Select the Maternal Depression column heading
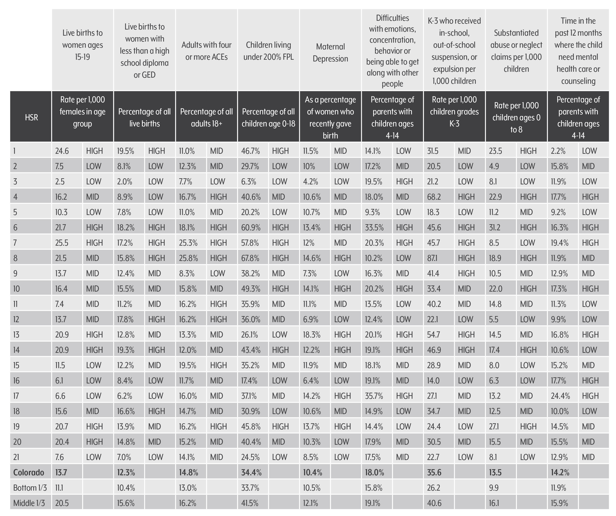pyautogui.click(x=330, y=53)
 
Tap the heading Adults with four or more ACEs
pyautogui.click(x=206, y=51)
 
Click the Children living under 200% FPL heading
pyautogui.click(x=268, y=51)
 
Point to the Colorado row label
pyautogui.click(x=29, y=472)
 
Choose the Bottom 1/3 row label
pyautogui.click(x=30, y=488)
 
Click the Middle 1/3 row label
pyautogui.click(x=29, y=503)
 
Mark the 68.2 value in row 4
pyautogui.click(x=434, y=197)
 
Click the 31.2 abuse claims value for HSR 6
pyautogui.click(x=495, y=227)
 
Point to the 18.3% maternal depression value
pyautogui.click(x=311, y=334)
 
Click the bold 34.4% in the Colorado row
pyautogui.click(x=251, y=472)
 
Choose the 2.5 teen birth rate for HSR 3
pyautogui.click(x=60, y=182)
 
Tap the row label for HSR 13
pyautogui.click(x=16, y=334)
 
